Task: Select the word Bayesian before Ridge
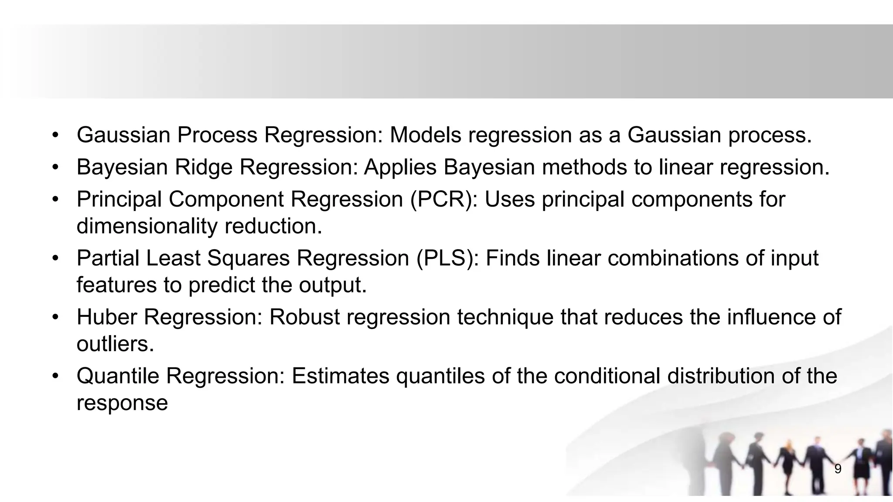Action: click(x=122, y=167)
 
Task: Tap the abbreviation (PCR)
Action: click(x=443, y=200)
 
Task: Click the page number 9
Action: click(x=838, y=469)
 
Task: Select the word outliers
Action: click(x=116, y=344)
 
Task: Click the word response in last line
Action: click(x=122, y=403)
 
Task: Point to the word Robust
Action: click(x=304, y=317)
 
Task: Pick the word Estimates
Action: click(x=340, y=376)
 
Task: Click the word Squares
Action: click(x=248, y=258)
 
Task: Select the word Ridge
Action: click(x=204, y=167)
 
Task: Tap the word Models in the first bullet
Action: click(x=425, y=135)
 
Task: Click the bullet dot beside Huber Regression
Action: click(x=55, y=317)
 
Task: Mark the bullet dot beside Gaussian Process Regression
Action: click(x=55, y=135)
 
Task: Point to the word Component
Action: click(x=226, y=200)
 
